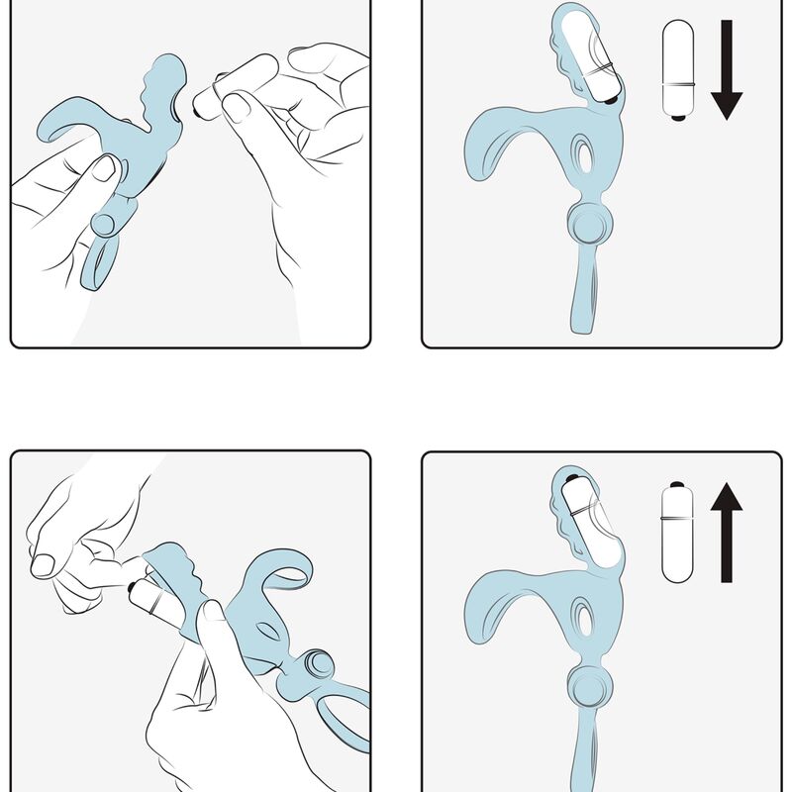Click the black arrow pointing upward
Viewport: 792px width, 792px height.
pyautogui.click(x=726, y=530)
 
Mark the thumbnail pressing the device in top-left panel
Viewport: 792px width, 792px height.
pyautogui.click(x=104, y=167)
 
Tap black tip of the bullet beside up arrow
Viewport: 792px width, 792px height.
pyautogui.click(x=677, y=485)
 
